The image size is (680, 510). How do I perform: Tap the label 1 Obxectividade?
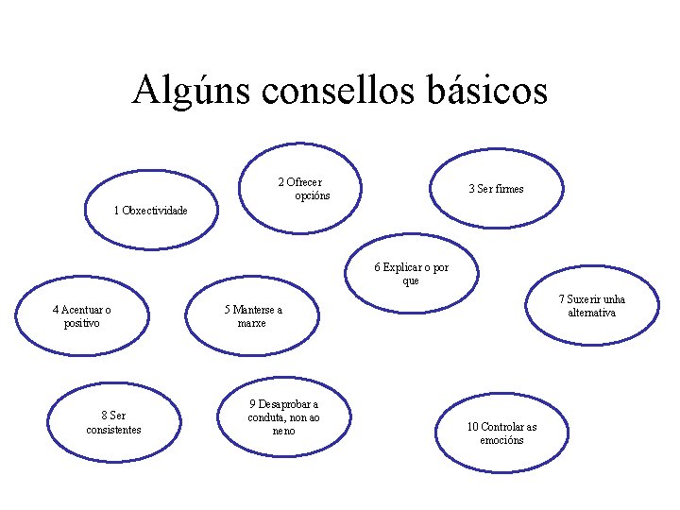[150, 210]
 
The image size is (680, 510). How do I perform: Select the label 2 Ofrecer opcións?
[304, 189]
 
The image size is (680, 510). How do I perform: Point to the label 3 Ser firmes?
[496, 189]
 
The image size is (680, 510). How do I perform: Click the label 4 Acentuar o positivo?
[82, 316]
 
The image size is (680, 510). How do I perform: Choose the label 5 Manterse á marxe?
[252, 316]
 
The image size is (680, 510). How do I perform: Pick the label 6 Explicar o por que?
[411, 274]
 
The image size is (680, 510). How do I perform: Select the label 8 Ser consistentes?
[113, 422]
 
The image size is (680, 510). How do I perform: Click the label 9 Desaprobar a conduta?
[283, 417]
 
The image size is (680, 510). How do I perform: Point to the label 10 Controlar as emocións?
[501, 433]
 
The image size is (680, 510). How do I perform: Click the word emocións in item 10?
[501, 440]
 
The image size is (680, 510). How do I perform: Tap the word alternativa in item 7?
[591, 313]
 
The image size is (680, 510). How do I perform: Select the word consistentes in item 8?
[113, 430]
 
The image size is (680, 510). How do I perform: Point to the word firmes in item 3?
[509, 189]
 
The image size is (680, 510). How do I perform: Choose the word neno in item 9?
[283, 432]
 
